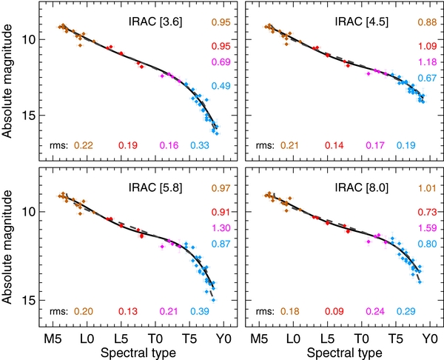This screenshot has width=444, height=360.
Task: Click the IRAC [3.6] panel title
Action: click(151, 23)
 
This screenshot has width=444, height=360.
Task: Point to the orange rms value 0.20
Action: click(82, 310)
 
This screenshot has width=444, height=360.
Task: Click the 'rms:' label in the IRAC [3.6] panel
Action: click(58, 144)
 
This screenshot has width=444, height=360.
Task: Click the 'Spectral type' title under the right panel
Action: click(340, 351)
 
